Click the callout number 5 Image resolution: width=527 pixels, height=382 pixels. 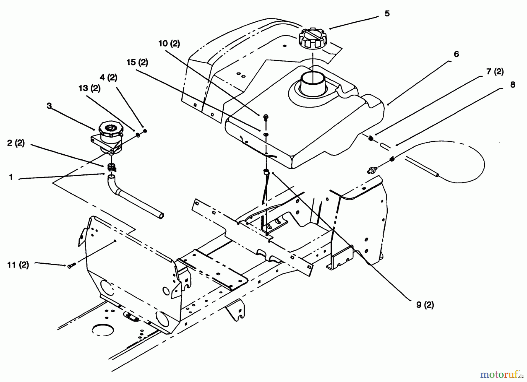[x=387, y=14]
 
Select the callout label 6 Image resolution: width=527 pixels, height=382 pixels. [x=456, y=54]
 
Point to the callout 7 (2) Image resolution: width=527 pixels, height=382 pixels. [x=495, y=71]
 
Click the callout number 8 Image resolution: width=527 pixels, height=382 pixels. [x=512, y=85]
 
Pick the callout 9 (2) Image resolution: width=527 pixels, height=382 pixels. [x=425, y=305]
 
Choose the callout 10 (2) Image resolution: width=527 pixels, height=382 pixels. [x=169, y=44]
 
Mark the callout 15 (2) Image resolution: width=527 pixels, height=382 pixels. [x=137, y=62]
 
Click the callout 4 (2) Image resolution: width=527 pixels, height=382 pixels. [x=108, y=78]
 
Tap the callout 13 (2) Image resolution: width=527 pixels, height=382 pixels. [x=89, y=88]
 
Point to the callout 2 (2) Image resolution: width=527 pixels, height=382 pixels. [x=16, y=143]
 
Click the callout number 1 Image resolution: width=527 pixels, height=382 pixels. [x=11, y=177]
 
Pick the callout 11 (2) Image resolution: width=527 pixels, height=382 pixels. [x=18, y=265]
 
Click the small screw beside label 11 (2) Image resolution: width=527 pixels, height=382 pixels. [x=71, y=266]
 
